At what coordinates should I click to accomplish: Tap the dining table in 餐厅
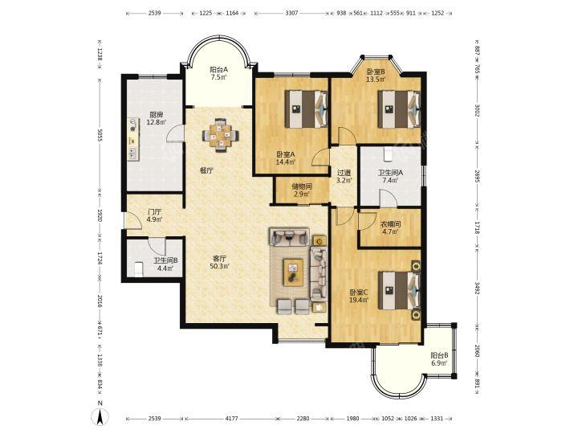point(221,135)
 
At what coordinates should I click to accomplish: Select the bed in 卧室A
point(307,109)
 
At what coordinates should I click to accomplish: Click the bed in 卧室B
point(399,109)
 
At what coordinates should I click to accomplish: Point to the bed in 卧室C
point(399,290)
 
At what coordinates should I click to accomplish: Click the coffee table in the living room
point(293,272)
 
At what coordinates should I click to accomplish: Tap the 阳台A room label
point(219,69)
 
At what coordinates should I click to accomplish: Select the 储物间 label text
point(302,186)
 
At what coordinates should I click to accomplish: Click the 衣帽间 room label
point(390,224)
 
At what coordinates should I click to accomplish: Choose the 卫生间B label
point(166,260)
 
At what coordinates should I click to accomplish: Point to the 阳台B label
point(439,355)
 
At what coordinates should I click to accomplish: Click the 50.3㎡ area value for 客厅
point(219,266)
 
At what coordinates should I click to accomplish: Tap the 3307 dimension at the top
point(291,13)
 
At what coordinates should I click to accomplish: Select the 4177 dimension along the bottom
point(231,419)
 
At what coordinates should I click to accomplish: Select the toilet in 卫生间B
point(138,269)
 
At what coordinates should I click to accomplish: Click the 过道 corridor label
point(344,173)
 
